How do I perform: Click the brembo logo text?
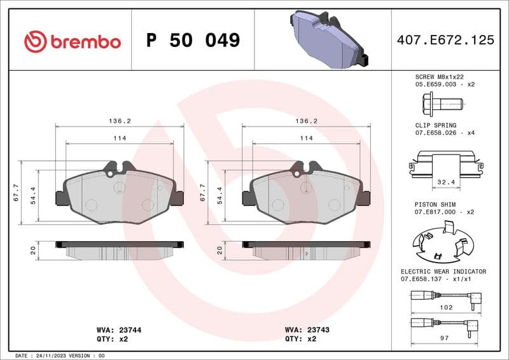coord(85,41)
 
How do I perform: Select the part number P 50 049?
coord(193,41)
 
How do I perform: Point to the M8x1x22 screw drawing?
coord(443,102)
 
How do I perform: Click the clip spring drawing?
coord(445,162)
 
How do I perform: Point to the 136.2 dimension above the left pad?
coord(120,120)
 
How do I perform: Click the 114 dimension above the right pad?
coord(306,138)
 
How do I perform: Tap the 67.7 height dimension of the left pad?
coord(15,193)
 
